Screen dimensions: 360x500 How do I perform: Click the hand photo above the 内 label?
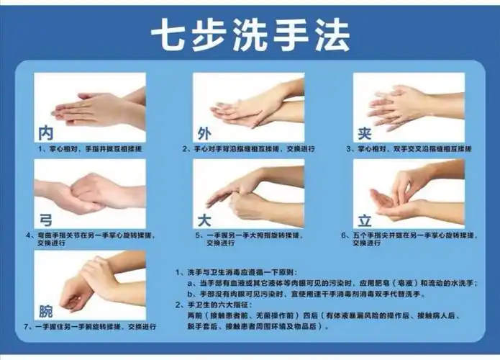90,107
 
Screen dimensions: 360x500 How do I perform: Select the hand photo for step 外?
249,107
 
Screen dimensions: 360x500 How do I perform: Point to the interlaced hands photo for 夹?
408,107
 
